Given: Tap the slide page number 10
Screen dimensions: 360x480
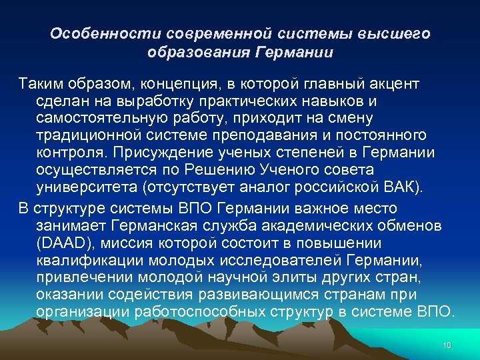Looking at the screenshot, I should pos(447,345).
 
